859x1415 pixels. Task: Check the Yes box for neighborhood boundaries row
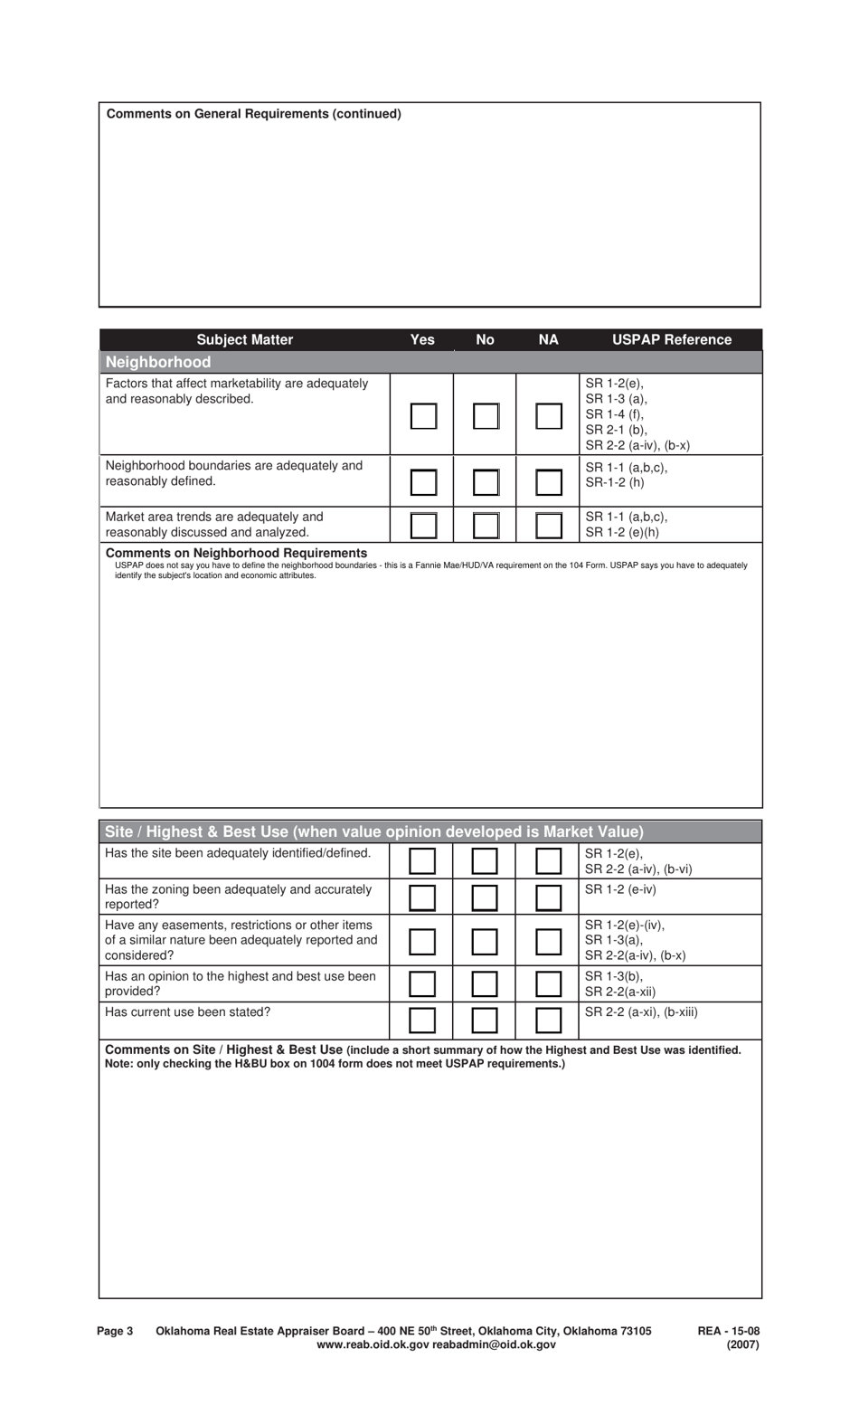tap(423, 482)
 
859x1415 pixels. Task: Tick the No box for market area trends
tap(486, 525)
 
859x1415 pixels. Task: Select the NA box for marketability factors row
tap(549, 415)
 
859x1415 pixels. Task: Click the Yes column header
tap(422, 340)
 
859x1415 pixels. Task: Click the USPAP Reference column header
tap(672, 340)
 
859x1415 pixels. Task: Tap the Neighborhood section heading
tap(158, 362)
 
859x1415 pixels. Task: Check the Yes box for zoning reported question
tap(422, 897)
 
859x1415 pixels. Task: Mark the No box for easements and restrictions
tap(485, 942)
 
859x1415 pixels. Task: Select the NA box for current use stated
tap(549, 1021)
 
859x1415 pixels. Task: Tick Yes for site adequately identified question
tap(422, 860)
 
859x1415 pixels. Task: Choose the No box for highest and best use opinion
tap(485, 983)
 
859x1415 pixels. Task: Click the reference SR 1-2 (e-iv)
tap(620, 889)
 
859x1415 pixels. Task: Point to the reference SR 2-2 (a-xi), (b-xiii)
tap(641, 1012)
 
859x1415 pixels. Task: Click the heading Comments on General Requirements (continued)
tap(254, 114)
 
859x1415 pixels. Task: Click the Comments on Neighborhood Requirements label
tap(236, 553)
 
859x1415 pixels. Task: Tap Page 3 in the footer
tap(115, 1331)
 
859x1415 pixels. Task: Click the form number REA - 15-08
tap(729, 1331)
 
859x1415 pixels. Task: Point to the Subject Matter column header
tap(244, 340)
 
